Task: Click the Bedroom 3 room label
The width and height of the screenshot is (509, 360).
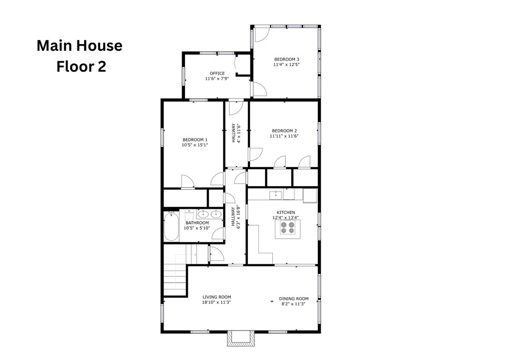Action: (x=287, y=59)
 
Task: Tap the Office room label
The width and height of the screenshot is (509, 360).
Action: (x=217, y=73)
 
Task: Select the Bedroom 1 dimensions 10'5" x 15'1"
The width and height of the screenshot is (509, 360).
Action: (x=195, y=145)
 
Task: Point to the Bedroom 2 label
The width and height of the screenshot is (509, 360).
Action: (x=284, y=131)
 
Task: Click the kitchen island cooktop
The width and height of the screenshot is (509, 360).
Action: (x=288, y=228)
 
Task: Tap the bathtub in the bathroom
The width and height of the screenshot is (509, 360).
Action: (x=171, y=226)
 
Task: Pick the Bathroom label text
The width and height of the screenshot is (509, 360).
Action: (x=197, y=223)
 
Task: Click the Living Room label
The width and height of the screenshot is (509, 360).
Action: (x=217, y=297)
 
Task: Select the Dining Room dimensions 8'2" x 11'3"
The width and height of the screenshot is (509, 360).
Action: (x=294, y=304)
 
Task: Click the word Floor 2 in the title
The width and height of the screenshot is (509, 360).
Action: (x=81, y=66)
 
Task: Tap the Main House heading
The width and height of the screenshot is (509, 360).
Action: (x=80, y=45)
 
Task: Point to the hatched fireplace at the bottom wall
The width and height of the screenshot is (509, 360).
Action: (x=240, y=339)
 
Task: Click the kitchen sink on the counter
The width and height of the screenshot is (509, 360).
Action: (x=276, y=195)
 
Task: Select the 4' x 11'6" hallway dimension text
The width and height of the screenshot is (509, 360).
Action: (x=239, y=133)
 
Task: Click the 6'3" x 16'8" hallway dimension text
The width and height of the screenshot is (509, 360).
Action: (x=239, y=217)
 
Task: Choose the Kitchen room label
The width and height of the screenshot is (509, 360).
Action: (x=286, y=213)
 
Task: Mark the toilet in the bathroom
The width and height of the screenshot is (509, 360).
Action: (x=189, y=215)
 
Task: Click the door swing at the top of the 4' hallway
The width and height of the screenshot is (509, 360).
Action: (x=236, y=108)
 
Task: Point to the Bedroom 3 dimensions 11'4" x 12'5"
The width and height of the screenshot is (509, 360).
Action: (x=286, y=64)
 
